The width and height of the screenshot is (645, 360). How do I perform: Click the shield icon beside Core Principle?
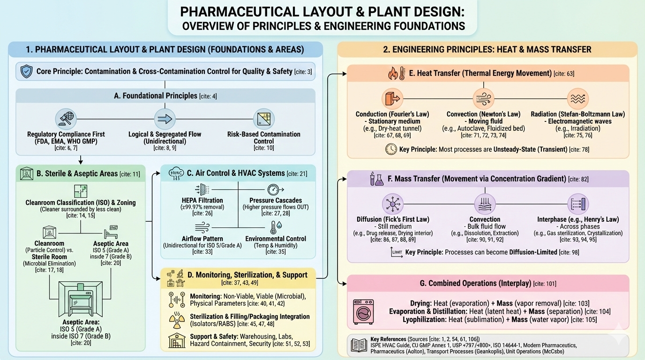pyautogui.click(x=27, y=72)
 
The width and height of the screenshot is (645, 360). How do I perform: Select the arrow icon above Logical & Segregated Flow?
pyautogui.click(x=165, y=119)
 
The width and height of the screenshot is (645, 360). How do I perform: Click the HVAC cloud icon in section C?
pyautogui.click(x=176, y=173)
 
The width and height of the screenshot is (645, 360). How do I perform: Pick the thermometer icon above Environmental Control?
pyautogui.click(x=273, y=227)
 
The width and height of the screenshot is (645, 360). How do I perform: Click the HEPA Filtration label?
pyautogui.click(x=202, y=200)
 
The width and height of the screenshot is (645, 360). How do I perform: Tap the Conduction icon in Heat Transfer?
pyautogui.click(x=392, y=99)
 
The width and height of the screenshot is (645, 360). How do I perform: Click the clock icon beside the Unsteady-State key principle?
pyautogui.click(x=390, y=150)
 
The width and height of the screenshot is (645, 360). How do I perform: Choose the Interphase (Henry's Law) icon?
pyautogui.click(x=577, y=204)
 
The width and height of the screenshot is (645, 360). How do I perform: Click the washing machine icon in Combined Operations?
pyautogui.click(x=363, y=312)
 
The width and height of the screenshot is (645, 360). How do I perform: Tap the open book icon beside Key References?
pyautogui.click(x=360, y=345)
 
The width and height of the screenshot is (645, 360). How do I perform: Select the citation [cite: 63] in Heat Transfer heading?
pyautogui.click(x=564, y=74)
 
